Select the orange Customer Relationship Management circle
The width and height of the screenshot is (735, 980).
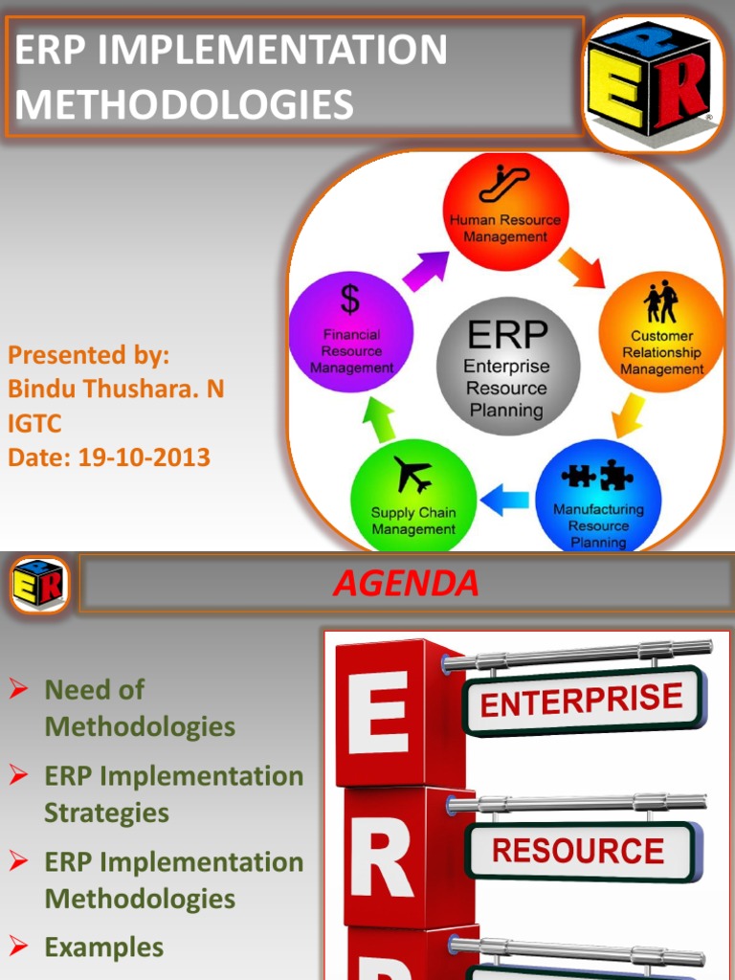pos(660,331)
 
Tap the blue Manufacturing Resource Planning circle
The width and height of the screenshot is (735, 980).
pos(597,498)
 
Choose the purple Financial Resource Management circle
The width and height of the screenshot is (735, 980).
pos(351,331)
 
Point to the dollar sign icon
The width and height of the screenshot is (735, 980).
pos(350,299)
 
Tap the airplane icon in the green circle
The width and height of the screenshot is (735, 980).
pos(412,475)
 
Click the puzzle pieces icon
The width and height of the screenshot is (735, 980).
pos(597,475)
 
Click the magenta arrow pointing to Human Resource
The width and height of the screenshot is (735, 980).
pos(425,271)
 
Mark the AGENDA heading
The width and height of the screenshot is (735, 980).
pos(406,583)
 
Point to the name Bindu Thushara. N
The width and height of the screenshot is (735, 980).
pos(116,390)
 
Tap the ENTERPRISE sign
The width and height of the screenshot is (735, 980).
pos(582,701)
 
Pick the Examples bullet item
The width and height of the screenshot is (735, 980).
pos(103,947)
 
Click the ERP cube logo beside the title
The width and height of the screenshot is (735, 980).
pos(650,83)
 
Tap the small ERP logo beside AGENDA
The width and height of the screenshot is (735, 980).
pos(39,584)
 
